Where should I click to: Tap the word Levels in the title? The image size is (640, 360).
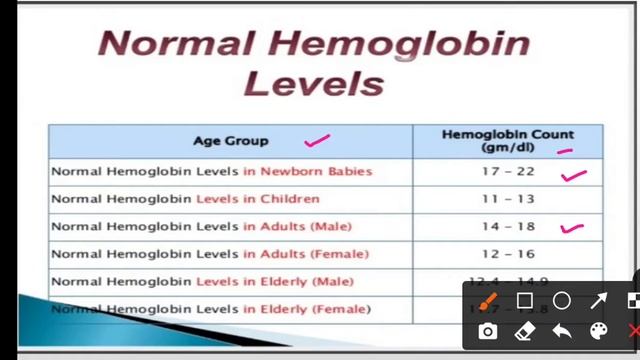point(313,82)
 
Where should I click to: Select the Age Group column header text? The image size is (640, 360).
point(231,141)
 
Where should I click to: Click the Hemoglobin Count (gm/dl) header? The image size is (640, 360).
point(508,140)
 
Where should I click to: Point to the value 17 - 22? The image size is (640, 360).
point(508,172)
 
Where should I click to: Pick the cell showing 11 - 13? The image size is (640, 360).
point(508,199)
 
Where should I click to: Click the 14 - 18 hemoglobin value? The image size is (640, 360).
point(508,227)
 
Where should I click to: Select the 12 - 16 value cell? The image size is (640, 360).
point(508,254)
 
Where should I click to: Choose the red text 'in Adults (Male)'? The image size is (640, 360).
point(297,227)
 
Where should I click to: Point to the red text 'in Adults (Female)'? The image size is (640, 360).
point(305,254)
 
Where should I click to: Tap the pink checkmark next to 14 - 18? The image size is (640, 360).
point(572,229)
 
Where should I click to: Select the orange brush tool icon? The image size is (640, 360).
point(487,301)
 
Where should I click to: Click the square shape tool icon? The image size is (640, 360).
point(524,301)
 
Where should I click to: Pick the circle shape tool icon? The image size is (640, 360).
point(561,301)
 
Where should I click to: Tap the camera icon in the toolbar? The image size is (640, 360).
point(487,331)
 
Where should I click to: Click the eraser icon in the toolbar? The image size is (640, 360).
point(524,331)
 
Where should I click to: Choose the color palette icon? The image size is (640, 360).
point(598,331)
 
